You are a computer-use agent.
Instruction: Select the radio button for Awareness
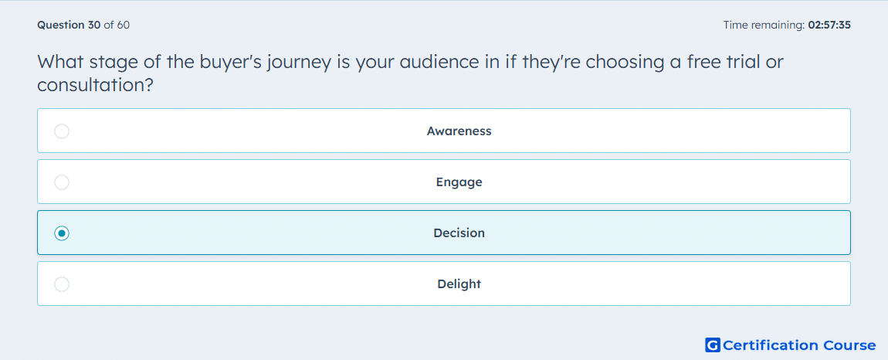[62, 131]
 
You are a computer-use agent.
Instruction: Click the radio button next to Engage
[62, 182]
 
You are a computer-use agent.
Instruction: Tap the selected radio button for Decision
[62, 233]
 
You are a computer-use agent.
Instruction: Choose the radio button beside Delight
[62, 284]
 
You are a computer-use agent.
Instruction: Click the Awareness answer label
[459, 131]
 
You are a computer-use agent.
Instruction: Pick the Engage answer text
[459, 182]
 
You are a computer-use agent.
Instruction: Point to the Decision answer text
[459, 233]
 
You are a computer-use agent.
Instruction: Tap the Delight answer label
[459, 284]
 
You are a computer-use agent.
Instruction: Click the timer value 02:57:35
[829, 25]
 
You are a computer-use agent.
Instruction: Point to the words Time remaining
[763, 25]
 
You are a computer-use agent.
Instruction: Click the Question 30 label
[69, 25]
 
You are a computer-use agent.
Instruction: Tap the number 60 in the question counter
[124, 25]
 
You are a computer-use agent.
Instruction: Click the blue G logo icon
[713, 345]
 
